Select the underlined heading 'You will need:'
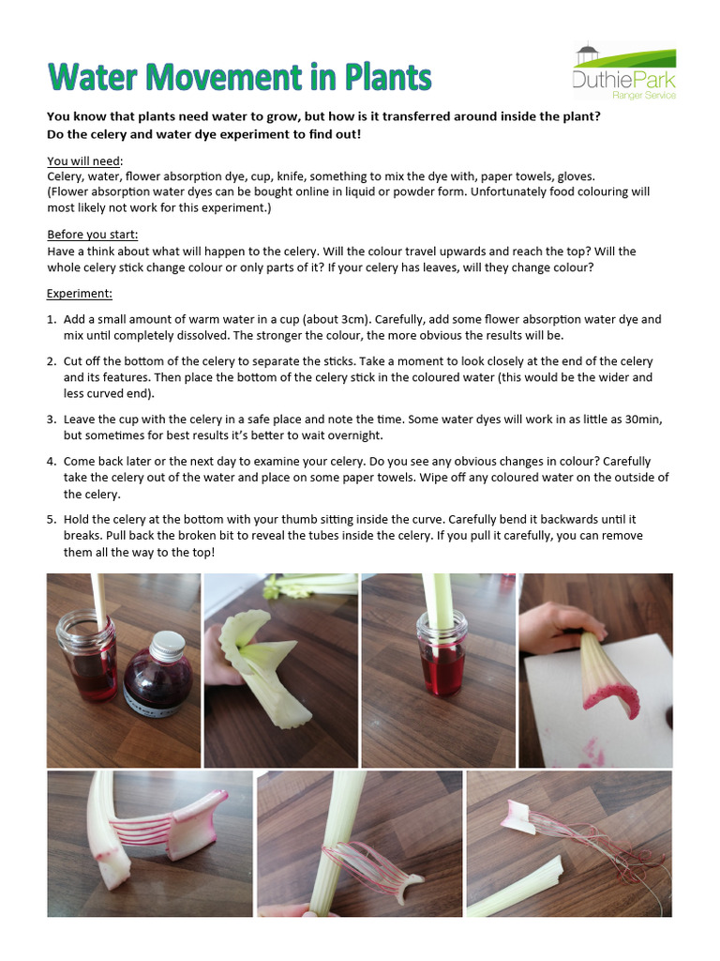(84, 160)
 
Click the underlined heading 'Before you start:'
(92, 235)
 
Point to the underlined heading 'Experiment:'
(80, 294)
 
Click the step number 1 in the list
(52, 320)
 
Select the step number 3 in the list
(52, 419)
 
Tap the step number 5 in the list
(52, 519)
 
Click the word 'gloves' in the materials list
(573, 176)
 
